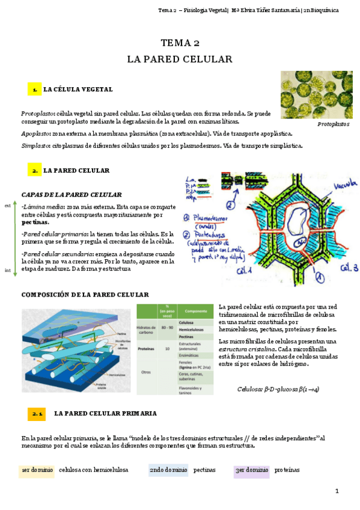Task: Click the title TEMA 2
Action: pos(180,43)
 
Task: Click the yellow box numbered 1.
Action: pos(34,90)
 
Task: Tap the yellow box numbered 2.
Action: pos(34,171)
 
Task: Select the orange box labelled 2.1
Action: pos(37,414)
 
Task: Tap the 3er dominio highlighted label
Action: pos(251,470)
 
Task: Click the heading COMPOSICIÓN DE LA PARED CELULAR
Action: pos(85,295)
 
